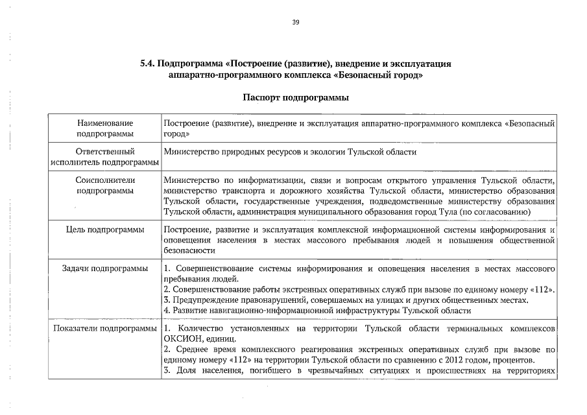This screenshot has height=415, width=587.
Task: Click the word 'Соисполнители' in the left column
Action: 104,180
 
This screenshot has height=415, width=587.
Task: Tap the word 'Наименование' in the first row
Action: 104,123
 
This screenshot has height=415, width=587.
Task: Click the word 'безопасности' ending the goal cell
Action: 189,250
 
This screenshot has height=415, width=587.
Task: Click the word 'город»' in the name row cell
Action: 176,133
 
